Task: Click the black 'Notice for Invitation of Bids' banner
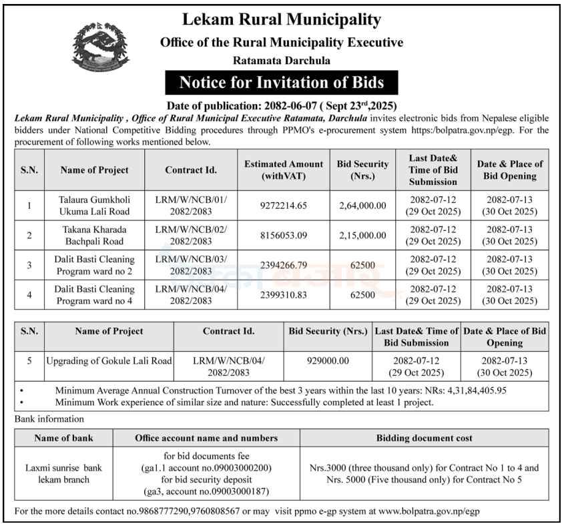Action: [281, 83]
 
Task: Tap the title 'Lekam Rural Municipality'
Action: [281, 19]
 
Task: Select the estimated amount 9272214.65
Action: [284, 206]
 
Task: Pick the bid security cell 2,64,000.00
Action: [362, 206]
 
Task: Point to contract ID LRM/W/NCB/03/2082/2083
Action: [191, 264]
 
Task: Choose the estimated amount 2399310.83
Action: [284, 294]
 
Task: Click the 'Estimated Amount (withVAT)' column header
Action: [284, 170]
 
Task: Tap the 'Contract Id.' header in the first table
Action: [191, 170]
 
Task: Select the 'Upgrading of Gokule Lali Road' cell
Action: [109, 360]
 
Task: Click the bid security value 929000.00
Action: [328, 360]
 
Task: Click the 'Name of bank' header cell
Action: [63, 438]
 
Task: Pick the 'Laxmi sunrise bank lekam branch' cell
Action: [63, 473]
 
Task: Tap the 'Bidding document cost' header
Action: [424, 438]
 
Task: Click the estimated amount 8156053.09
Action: [284, 235]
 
